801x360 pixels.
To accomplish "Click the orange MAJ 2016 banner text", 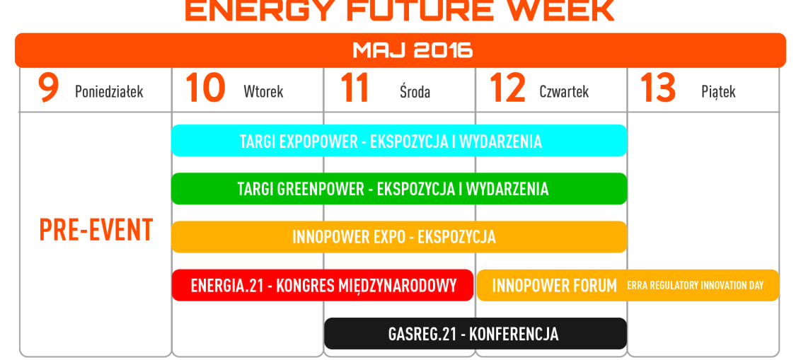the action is pos(413,50).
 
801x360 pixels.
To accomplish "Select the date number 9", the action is pos(49,87).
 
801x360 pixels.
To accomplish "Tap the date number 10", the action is pos(205,87).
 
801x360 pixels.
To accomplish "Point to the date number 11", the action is pos(354,87).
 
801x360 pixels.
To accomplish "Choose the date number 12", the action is pos(507,87).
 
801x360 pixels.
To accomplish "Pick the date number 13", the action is pos(658,87).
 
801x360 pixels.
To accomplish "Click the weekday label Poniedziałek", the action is pos(109,92).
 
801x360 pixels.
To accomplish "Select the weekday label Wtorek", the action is pos(263,92).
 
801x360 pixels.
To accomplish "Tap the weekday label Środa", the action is pos(415,91).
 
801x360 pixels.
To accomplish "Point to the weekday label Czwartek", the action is pos(564,92).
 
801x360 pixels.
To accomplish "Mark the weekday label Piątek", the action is pos(718,93).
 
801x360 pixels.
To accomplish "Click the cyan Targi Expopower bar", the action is pos(399,141).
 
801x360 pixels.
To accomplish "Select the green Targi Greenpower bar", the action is pos(399,188).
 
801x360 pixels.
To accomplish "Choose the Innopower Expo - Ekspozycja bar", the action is pos(399,237).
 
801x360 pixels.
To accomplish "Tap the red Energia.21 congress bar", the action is pos(323,285).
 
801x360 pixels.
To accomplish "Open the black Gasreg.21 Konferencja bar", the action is pos(476,333).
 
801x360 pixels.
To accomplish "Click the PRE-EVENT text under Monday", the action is pos(96,231).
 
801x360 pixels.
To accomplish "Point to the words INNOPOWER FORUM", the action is pos(554,286).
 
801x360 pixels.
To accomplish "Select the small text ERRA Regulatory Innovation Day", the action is pos(696,286).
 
